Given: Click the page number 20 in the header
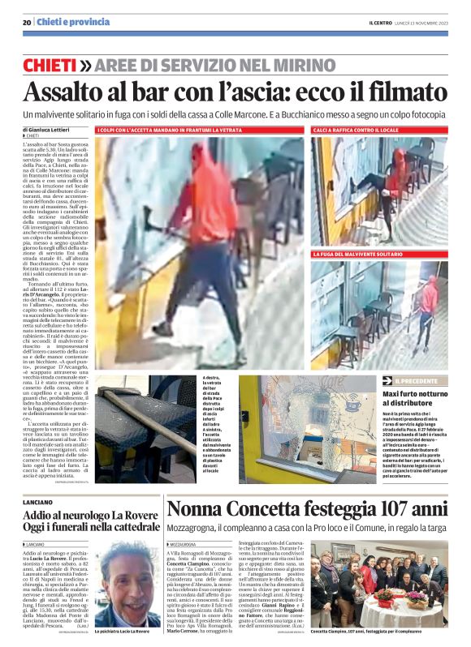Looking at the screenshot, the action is point(27,21).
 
